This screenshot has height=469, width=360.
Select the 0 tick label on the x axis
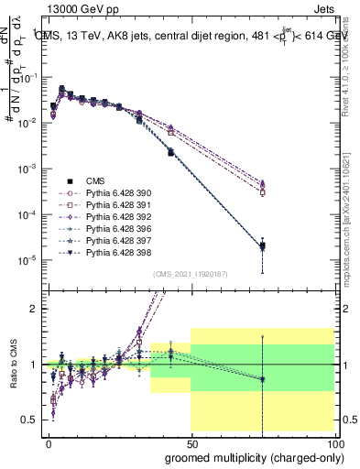49,442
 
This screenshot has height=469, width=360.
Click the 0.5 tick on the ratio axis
30,420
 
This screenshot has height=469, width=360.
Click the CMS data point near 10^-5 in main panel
262,245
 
